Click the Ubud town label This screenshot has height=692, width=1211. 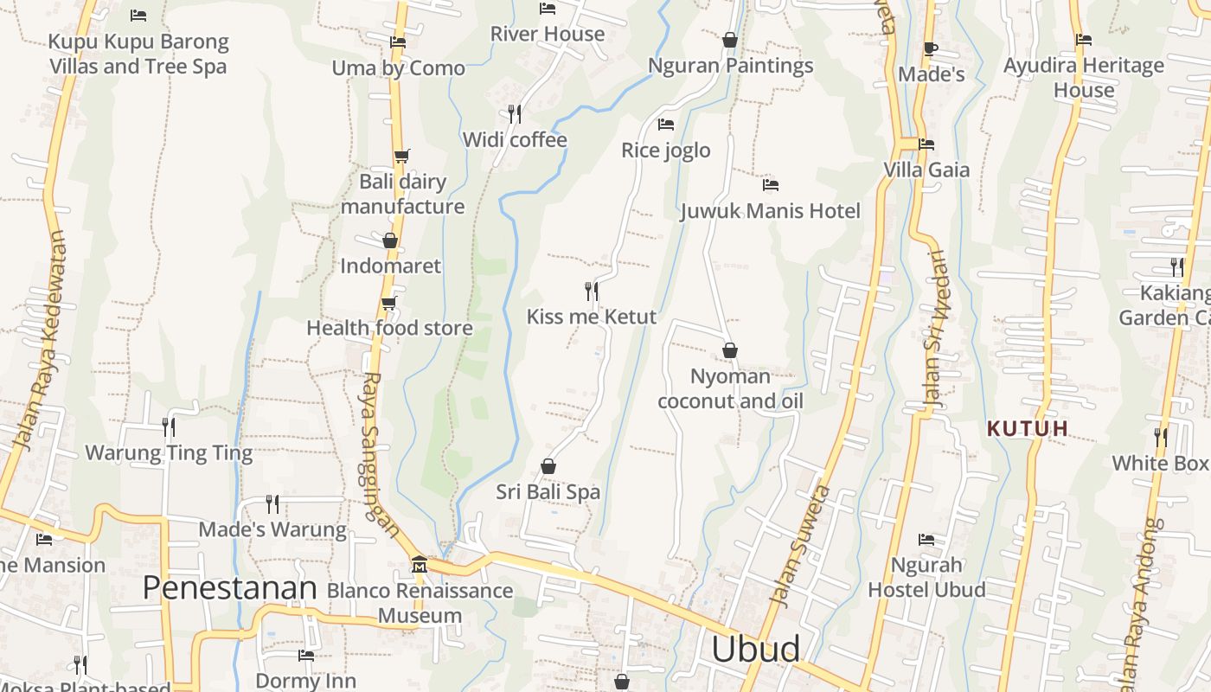coord(755,649)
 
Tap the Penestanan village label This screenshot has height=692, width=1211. coord(230,588)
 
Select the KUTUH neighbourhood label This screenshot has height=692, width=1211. coord(1028,428)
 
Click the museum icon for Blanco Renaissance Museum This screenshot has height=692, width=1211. coord(420,564)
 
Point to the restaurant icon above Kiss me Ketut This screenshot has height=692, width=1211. coord(592,292)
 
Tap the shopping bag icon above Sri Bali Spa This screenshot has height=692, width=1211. coord(548,467)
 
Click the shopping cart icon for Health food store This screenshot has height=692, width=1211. coord(389,304)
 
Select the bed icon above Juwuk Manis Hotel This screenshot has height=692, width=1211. coord(771,185)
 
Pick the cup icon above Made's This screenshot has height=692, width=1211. coord(931,48)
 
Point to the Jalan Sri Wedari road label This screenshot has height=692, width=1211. coord(934,329)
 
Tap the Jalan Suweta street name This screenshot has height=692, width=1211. coord(799,547)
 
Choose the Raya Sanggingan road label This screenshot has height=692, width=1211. coord(380,454)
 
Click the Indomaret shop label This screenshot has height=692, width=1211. coord(390,266)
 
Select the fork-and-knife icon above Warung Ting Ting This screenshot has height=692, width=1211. coord(169,426)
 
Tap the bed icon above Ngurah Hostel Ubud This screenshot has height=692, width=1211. coord(926,540)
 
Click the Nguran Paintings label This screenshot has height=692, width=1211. coord(730,66)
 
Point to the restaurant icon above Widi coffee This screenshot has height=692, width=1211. coord(515,113)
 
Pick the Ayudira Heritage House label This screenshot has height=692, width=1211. coord(1083,77)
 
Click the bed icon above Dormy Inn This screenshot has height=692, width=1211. coord(305,656)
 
